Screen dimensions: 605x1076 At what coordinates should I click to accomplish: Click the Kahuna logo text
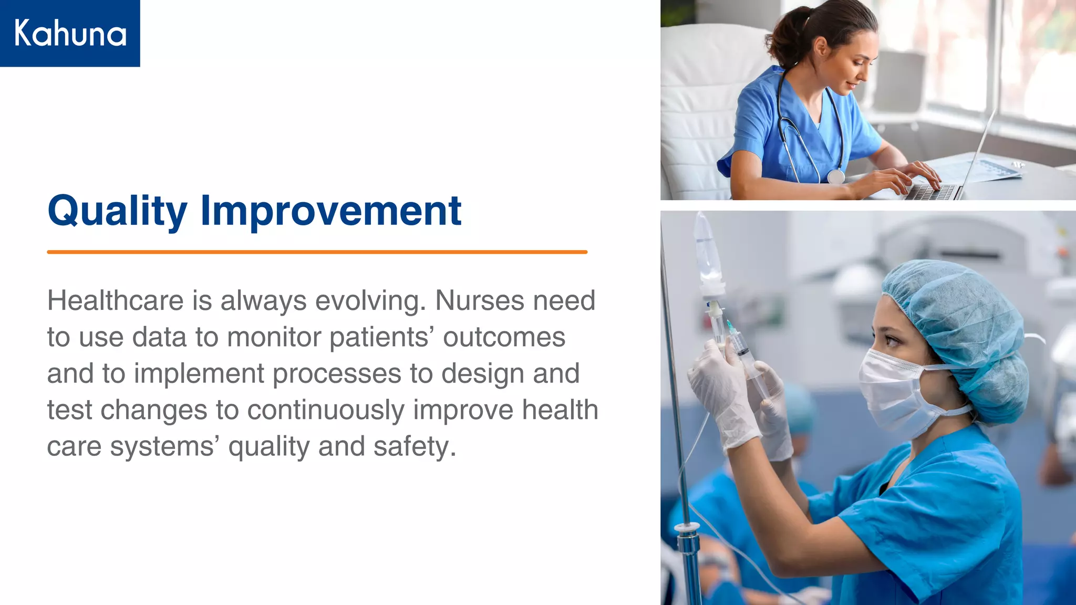70,33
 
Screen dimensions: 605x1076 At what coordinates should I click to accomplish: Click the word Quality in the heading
117,211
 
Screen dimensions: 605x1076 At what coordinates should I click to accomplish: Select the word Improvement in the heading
330,211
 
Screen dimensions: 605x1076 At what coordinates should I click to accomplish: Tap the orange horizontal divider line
317,252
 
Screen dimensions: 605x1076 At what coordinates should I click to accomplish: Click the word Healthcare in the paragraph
115,301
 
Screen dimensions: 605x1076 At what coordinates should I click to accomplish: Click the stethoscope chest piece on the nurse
835,176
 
